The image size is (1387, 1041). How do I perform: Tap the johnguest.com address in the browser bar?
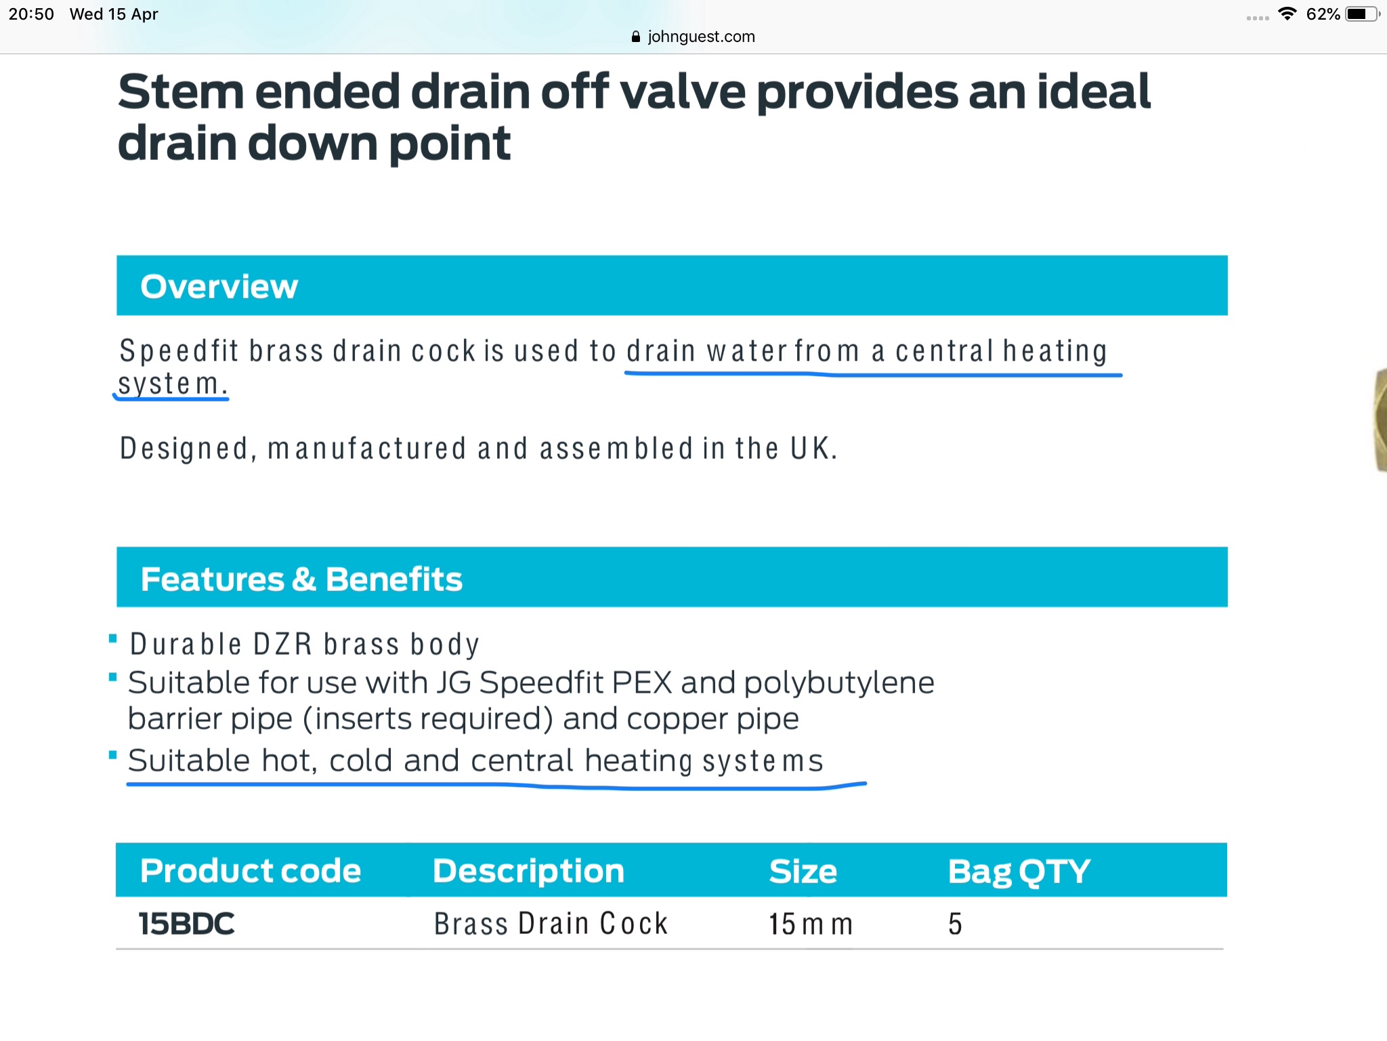701,37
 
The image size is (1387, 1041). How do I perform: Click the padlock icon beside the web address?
635,37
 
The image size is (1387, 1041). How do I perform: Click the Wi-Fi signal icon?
1287,14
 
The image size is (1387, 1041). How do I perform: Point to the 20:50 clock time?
31,14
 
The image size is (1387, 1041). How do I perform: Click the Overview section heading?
219,287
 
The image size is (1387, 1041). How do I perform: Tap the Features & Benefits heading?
301,579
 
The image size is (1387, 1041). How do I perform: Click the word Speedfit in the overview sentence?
179,351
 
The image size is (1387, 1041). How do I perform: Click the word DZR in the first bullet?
283,644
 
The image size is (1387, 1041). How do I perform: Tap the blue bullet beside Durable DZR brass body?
113,638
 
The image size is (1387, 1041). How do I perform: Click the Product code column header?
251,871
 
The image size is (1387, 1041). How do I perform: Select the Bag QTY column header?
1019,872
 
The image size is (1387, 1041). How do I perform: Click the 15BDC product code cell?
187,924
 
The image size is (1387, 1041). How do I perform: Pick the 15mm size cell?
811,924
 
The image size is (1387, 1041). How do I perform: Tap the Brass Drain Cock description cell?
551,924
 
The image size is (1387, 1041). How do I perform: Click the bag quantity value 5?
955,924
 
